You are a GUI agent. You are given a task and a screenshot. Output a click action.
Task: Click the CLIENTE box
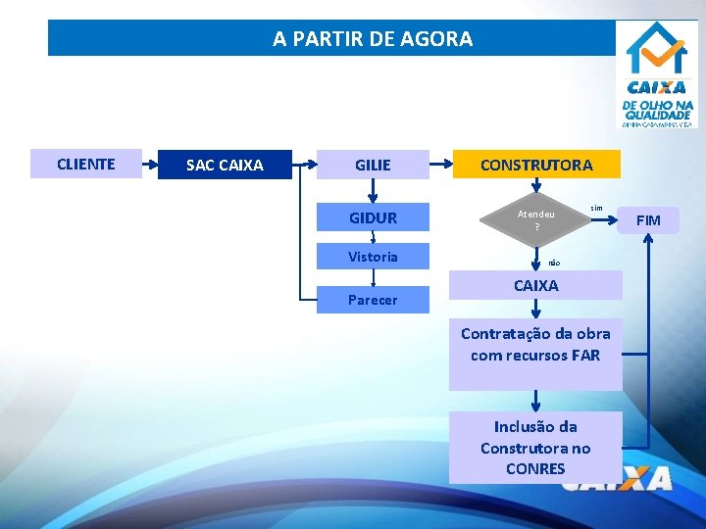point(86,164)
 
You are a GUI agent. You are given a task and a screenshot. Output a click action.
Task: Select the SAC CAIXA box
point(225,165)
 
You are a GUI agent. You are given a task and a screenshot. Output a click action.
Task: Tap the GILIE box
point(373,165)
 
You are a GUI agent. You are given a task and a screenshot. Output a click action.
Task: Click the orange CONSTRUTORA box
point(536,165)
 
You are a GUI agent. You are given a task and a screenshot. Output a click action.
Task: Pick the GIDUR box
point(373,217)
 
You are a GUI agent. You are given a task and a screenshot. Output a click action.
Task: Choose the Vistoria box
point(373,257)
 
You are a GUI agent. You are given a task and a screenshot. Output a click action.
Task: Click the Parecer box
point(373,300)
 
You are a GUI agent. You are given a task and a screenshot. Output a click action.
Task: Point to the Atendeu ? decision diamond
point(536,220)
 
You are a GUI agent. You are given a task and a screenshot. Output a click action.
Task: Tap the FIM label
point(649,220)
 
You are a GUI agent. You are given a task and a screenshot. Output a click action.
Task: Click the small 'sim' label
point(596,208)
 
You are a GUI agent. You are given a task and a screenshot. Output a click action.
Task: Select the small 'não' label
point(554,263)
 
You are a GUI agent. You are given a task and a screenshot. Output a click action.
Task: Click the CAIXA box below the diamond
point(536,285)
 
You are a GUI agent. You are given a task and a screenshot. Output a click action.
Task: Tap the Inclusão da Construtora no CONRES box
point(535,447)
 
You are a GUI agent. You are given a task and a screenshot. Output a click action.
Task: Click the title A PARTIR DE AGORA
point(373,39)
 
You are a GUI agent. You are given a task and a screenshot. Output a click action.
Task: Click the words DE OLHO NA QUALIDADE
point(657,110)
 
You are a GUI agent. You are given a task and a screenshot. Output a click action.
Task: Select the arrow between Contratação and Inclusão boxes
point(536,400)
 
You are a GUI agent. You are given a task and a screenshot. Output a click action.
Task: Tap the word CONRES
point(535,468)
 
